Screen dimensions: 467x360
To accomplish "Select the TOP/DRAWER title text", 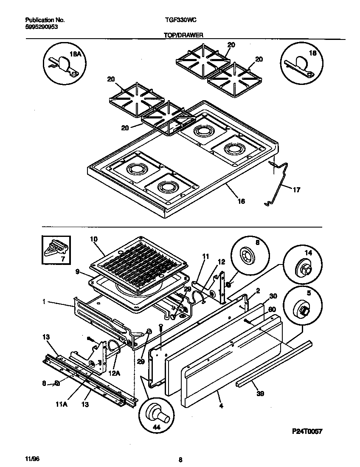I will click(x=183, y=36).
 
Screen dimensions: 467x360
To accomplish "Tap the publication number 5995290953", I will click(x=42, y=26).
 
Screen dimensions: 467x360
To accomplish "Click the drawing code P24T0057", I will click(x=307, y=431).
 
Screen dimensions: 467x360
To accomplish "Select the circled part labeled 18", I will click(x=300, y=64).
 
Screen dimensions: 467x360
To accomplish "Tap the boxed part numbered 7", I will click(x=54, y=251).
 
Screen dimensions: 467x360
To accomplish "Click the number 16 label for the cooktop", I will click(x=241, y=201).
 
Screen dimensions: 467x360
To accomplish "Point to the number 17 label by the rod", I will click(x=296, y=190).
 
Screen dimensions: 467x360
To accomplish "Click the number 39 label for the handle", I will click(x=260, y=394).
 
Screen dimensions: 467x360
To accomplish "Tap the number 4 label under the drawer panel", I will click(x=221, y=405).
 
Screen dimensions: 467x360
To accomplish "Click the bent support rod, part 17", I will click(x=277, y=183).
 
